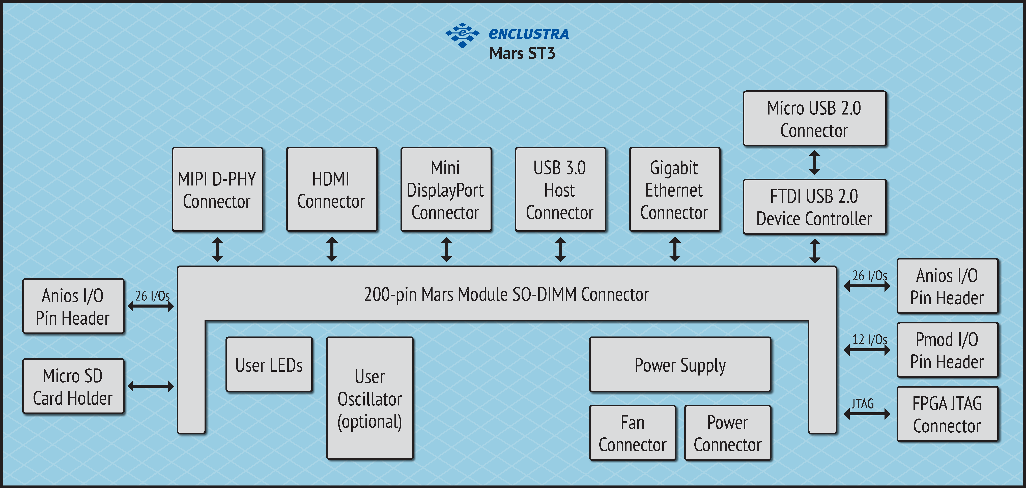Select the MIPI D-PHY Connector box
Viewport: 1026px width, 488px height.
click(217, 190)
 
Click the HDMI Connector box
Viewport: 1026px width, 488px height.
click(331, 190)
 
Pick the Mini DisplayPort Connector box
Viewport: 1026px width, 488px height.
click(446, 190)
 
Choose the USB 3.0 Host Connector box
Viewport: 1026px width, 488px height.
click(560, 190)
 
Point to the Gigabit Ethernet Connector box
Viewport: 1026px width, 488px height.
click(674, 190)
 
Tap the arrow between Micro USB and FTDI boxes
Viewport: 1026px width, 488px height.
click(814, 162)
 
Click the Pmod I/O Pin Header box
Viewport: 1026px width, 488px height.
click(947, 350)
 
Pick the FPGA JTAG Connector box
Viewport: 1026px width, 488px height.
click(947, 414)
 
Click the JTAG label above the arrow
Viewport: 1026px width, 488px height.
click(863, 404)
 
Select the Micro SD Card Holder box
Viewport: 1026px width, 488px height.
click(73, 386)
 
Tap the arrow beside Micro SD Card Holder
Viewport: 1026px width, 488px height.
click(151, 386)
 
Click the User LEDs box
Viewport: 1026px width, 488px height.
click(269, 365)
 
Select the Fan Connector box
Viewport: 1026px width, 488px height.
click(633, 433)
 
